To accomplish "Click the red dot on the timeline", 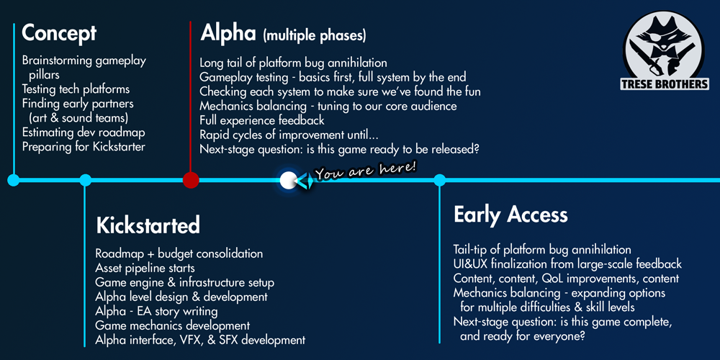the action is [191, 179].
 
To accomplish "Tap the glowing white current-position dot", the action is [287, 180].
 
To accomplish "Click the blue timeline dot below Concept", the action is [14, 180].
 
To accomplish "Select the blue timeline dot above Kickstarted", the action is [85, 180].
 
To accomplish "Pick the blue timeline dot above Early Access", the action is [439, 180].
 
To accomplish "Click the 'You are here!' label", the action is [366, 171].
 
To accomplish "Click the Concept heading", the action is [59, 33].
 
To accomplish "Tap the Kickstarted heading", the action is [148, 225].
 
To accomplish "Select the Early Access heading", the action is [510, 215].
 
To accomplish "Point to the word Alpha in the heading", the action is [228, 32].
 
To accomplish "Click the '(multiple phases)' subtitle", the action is [315, 36].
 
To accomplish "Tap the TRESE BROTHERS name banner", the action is [665, 84].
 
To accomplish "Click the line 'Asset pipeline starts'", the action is [145, 268].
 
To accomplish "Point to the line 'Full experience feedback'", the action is [262, 120].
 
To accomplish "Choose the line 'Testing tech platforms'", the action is [76, 89].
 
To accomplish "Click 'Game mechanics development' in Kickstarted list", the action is [173, 325].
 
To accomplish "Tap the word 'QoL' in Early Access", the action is [553, 279].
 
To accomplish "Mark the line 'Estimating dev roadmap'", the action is [84, 132].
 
